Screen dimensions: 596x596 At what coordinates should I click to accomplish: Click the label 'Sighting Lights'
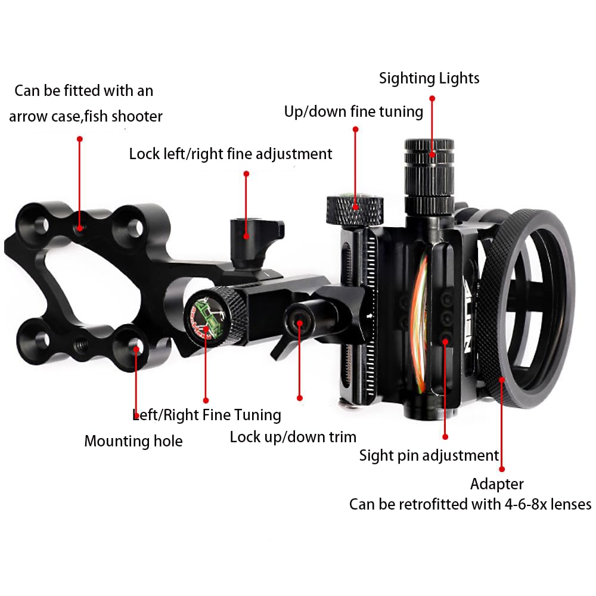429,79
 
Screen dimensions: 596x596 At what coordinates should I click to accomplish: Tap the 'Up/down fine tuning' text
353,112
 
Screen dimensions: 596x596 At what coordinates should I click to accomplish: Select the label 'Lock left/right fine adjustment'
230,154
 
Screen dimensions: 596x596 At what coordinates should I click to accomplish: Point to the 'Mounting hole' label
134,441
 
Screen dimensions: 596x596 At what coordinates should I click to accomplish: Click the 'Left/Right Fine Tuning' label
207,415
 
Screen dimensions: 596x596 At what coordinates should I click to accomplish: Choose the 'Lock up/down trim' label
293,437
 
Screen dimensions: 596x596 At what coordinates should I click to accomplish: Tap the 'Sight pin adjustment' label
429,455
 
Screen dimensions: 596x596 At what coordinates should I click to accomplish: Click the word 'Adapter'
497,484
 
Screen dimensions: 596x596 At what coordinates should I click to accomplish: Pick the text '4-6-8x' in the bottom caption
526,504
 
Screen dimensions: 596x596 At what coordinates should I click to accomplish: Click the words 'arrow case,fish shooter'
86,116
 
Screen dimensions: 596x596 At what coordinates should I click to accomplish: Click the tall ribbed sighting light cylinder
429,177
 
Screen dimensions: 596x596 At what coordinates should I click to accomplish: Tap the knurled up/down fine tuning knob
355,210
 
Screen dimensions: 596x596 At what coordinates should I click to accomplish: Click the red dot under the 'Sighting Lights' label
432,98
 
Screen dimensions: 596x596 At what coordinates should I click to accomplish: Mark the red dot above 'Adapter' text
502,469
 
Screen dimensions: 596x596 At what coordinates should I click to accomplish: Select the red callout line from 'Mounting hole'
136,382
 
